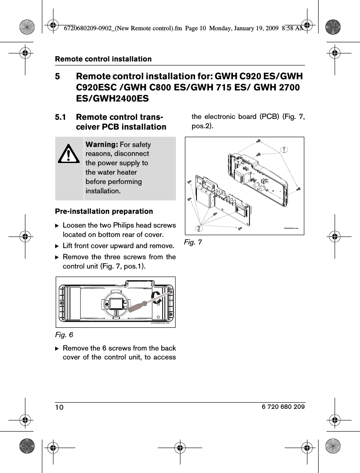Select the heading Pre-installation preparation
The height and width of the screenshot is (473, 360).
pos(104,211)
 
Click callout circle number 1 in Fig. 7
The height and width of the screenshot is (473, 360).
pos(283,150)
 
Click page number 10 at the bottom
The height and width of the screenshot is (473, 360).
pos(60,408)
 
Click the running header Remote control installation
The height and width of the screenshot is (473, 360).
pos(103,59)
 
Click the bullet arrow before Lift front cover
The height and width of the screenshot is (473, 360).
pos(57,246)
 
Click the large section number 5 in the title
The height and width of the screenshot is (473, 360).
pos(57,76)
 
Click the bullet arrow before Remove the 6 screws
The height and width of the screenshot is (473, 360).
pos(57,348)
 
